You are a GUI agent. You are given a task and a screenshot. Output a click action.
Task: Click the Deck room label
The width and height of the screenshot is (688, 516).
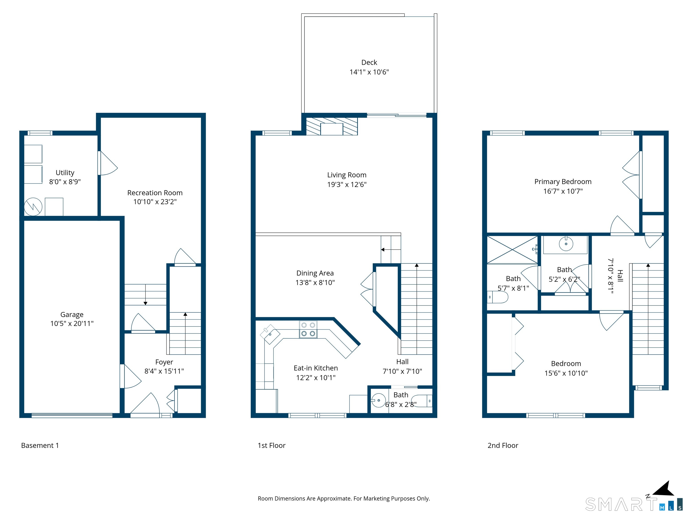click(369, 62)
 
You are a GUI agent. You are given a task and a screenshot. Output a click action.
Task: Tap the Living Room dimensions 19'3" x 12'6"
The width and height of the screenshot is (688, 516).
click(347, 185)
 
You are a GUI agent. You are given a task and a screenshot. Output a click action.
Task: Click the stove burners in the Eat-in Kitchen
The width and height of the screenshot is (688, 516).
click(308, 329)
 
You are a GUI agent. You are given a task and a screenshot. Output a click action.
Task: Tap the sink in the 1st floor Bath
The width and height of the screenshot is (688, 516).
click(378, 400)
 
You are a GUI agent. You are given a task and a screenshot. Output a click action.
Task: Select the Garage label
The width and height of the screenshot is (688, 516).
click(72, 315)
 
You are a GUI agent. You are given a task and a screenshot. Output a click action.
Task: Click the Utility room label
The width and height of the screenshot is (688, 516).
click(65, 173)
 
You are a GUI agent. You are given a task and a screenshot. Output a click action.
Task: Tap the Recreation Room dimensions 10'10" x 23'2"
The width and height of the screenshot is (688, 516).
click(155, 202)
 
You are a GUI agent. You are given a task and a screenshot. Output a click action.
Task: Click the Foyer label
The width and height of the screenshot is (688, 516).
click(164, 362)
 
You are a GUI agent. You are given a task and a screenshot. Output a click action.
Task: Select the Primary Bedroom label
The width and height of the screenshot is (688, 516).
click(563, 182)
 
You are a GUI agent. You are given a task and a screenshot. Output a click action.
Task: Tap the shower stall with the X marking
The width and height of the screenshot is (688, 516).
click(512, 250)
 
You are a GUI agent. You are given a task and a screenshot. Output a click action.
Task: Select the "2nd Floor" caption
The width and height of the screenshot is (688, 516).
click(503, 445)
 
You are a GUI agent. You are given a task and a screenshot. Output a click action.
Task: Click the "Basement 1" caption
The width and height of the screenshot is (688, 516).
click(40, 445)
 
